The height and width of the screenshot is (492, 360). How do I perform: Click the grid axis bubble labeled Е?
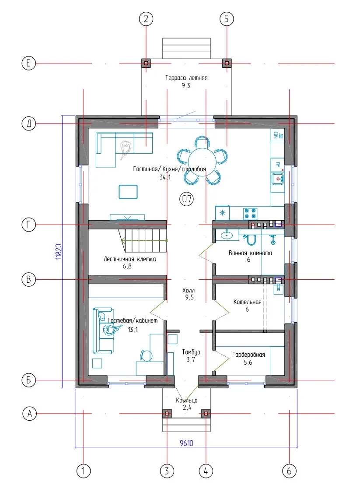pyautogui.click(x=28, y=63)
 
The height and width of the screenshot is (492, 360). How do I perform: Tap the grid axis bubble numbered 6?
pyautogui.click(x=289, y=471)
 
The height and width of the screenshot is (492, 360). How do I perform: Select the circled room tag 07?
pyautogui.click(x=187, y=199)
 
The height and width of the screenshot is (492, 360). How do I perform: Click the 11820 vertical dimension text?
pyautogui.click(x=59, y=251)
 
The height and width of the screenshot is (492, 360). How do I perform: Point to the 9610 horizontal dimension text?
pyautogui.click(x=187, y=443)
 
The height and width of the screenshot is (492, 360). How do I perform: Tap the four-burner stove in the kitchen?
pyautogui.click(x=251, y=213)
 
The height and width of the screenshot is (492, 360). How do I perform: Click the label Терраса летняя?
pyautogui.click(x=187, y=78)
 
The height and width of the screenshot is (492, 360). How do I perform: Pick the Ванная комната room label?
pyautogui.click(x=250, y=253)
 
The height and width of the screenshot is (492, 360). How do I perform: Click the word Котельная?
pyautogui.click(x=247, y=302)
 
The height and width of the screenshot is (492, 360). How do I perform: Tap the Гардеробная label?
pyautogui.click(x=248, y=355)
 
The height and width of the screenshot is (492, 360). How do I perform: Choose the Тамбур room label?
pyautogui.click(x=191, y=352)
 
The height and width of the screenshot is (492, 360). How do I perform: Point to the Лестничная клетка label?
pyautogui.click(x=129, y=259)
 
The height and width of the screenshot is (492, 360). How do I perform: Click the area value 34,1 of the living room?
pyautogui.click(x=165, y=177)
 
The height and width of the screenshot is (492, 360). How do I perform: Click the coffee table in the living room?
pyautogui.click(x=128, y=192)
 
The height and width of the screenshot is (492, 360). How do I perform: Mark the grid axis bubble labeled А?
pyautogui.click(x=29, y=414)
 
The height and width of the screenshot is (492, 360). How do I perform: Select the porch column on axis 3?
pyautogui.click(x=167, y=414)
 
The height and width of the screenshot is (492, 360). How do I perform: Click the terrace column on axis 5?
pyautogui.click(x=227, y=63)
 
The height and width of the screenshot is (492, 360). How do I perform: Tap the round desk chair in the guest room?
pyautogui.click(x=146, y=355)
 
